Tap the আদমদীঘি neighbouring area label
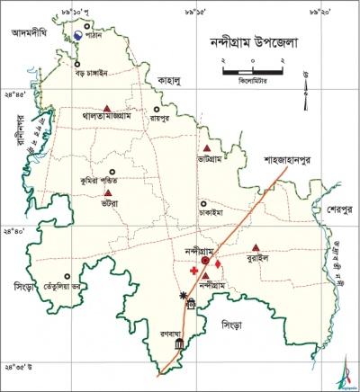click(28, 32)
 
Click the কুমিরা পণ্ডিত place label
click(100, 181)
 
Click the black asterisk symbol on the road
click(184, 296)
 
